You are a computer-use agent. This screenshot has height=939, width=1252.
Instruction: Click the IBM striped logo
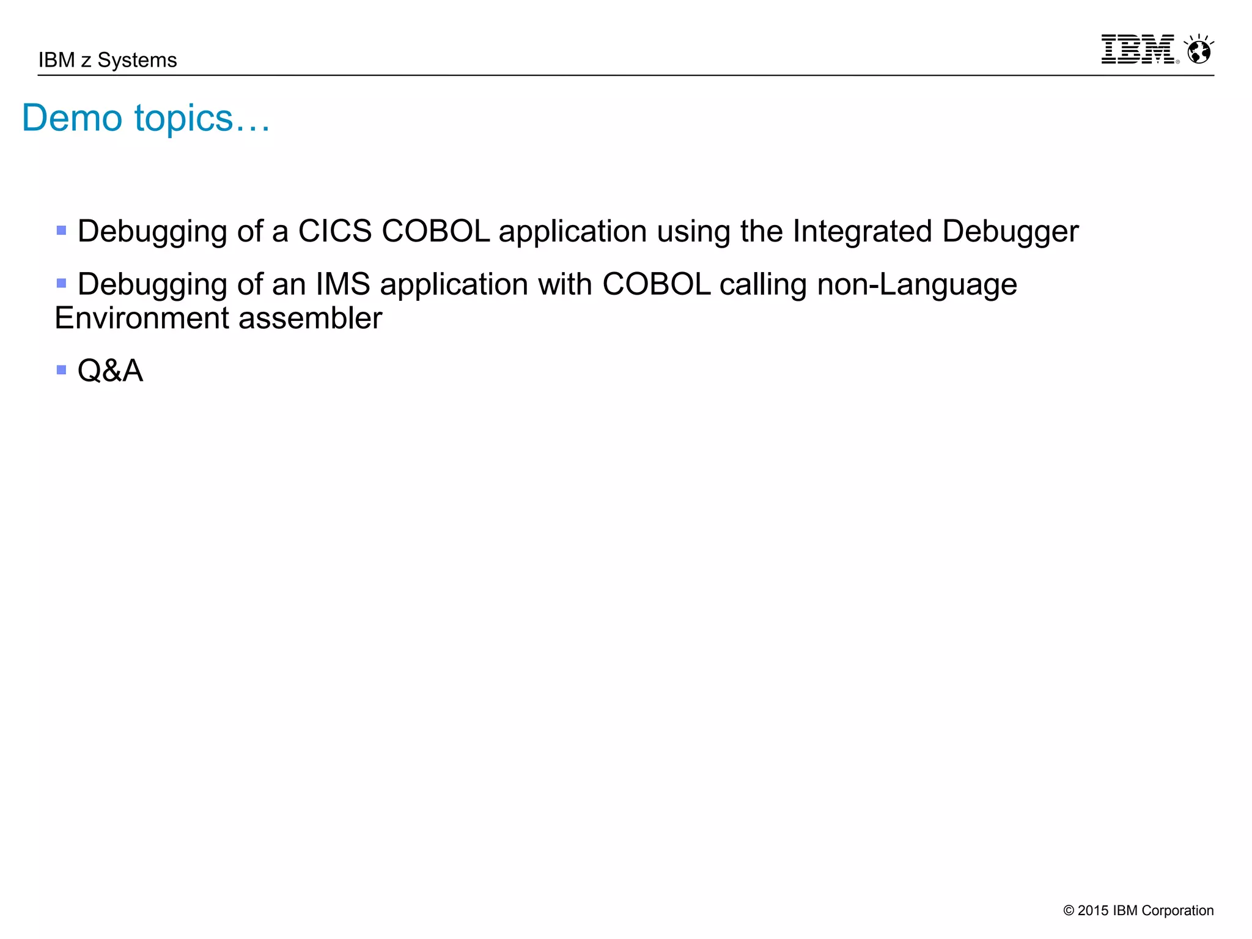(1138, 50)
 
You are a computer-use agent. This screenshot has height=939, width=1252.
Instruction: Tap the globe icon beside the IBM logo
(1199, 50)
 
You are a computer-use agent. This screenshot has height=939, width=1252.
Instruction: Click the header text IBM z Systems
(108, 61)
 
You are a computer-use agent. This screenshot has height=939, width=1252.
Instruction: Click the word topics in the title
(184, 119)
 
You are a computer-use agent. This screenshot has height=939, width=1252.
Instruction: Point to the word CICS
(334, 232)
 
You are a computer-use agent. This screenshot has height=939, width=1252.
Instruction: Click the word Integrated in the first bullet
(862, 232)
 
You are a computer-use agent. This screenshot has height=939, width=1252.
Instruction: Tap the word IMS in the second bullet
(343, 285)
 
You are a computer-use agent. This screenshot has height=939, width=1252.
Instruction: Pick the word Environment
(142, 319)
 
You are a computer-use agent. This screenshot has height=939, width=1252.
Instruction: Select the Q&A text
(110, 371)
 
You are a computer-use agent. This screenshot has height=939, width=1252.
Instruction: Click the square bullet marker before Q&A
(61, 370)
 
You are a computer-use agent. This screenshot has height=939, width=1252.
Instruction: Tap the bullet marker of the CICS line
(61, 230)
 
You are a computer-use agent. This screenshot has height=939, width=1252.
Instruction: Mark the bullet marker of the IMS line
(61, 283)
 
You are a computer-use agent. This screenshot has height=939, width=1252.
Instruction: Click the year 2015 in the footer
(1092, 911)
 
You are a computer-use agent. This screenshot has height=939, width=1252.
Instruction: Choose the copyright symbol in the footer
(1068, 911)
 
